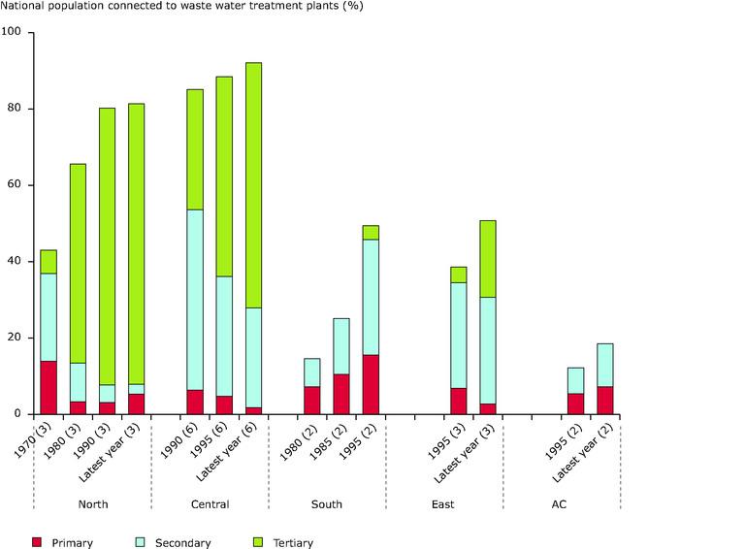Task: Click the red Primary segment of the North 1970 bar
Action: [x=49, y=387]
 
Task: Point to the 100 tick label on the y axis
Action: [x=13, y=32]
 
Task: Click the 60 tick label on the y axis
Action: [x=16, y=184]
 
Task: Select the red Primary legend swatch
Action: [x=38, y=542]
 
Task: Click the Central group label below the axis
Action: [x=210, y=504]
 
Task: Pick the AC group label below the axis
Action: [x=560, y=504]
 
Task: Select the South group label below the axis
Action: [x=327, y=504]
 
